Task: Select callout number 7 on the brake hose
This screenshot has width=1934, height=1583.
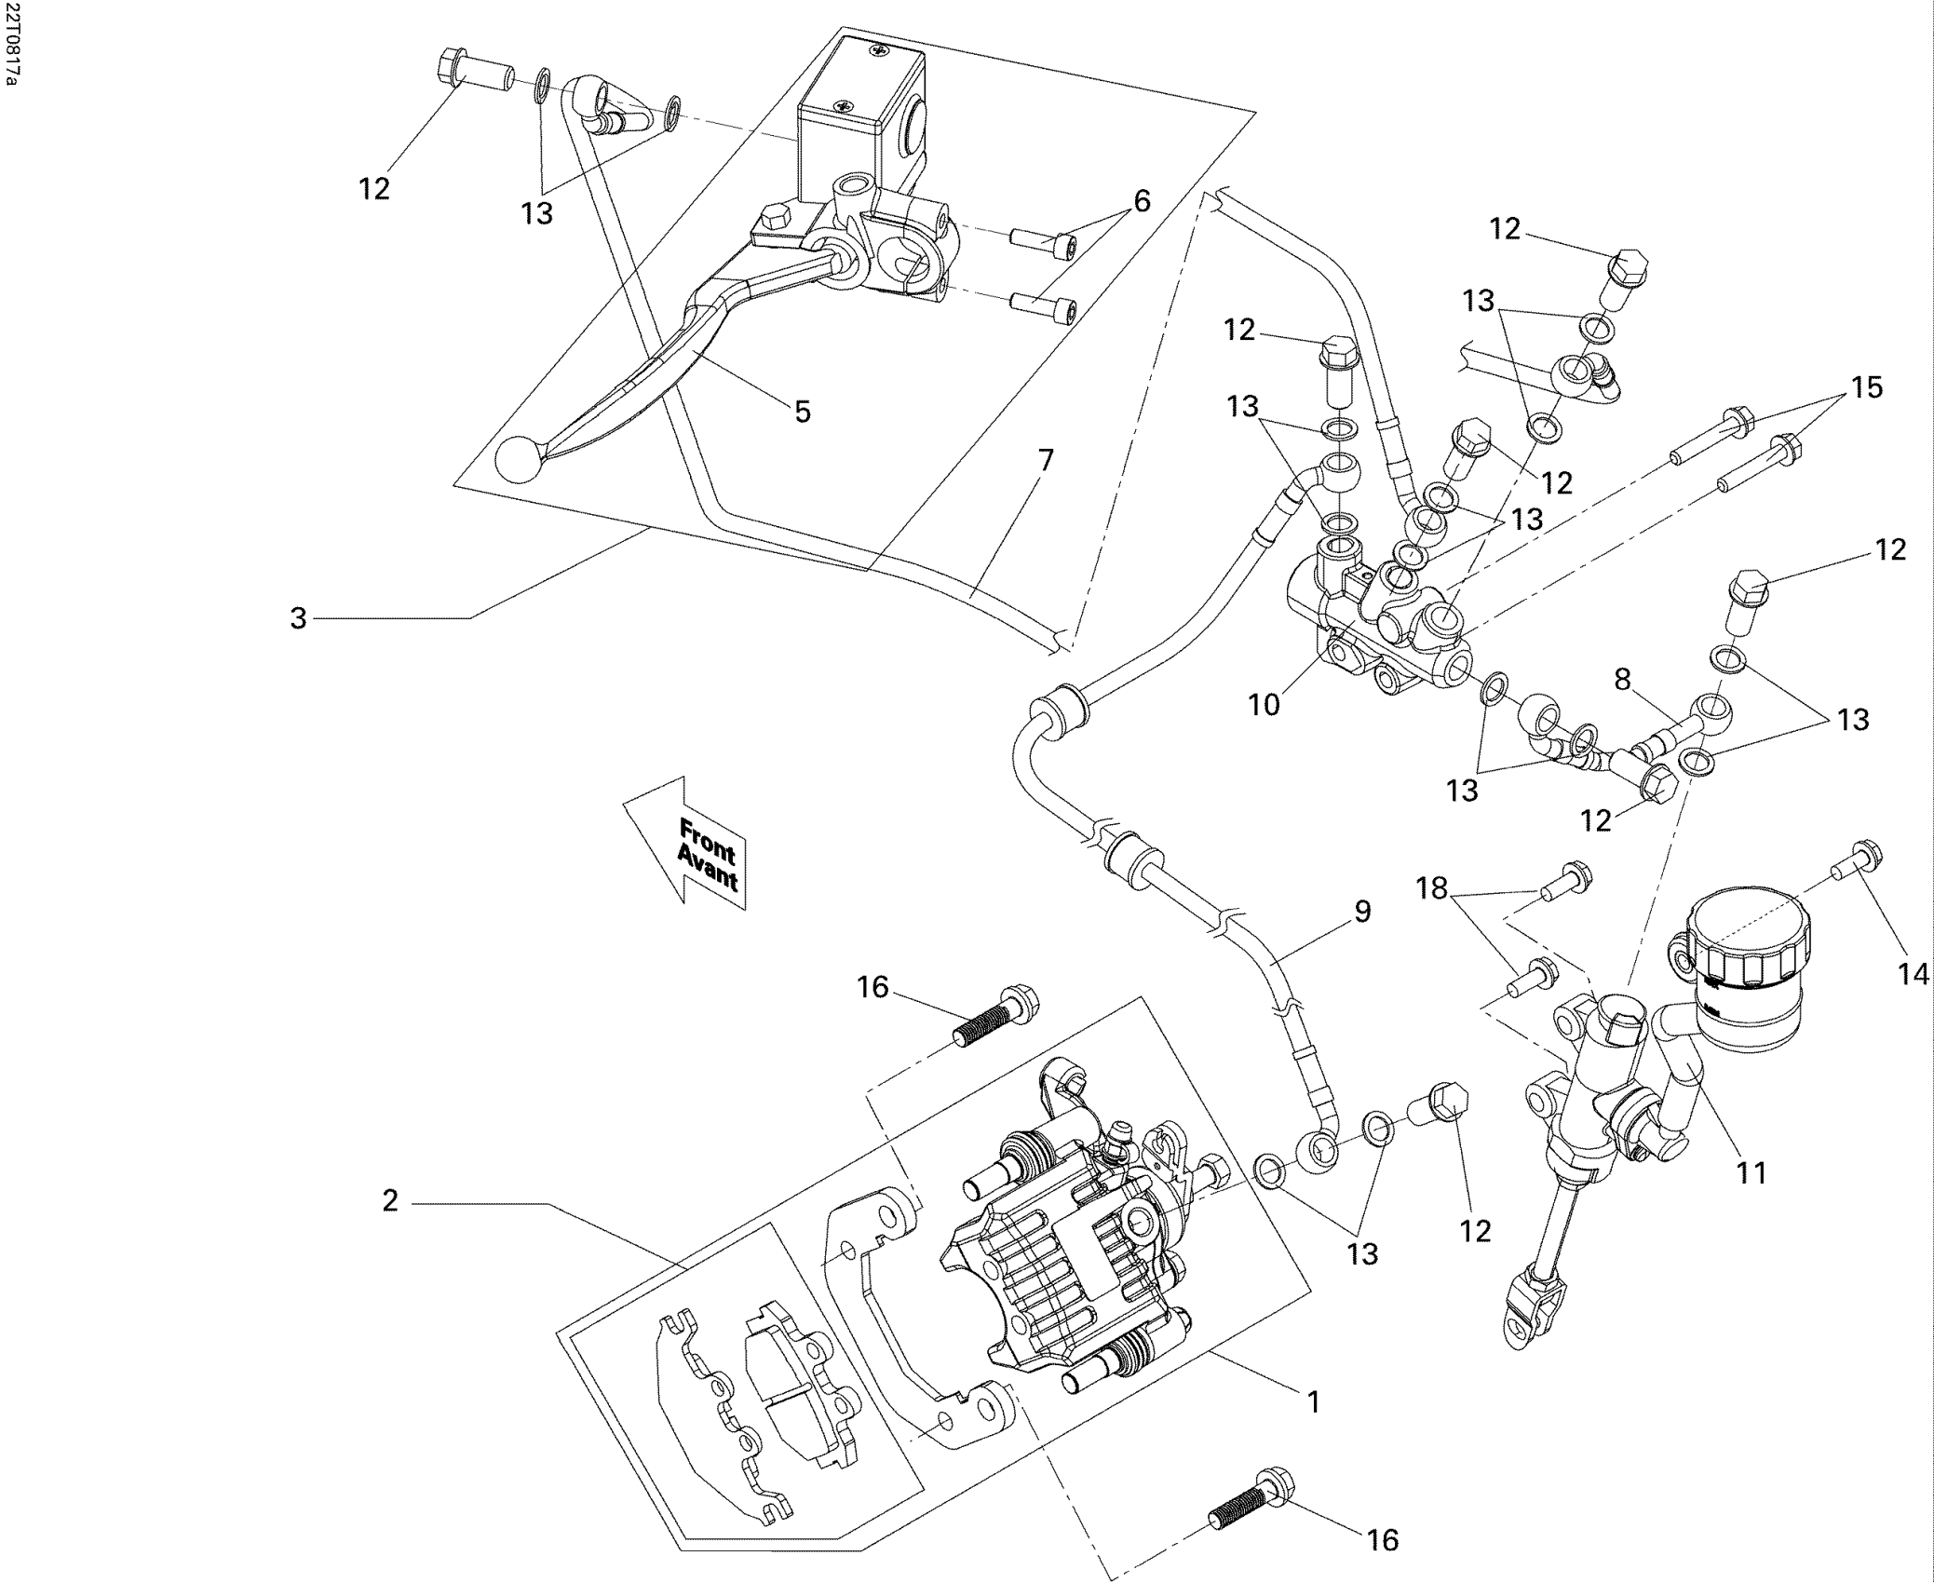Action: (x=1046, y=460)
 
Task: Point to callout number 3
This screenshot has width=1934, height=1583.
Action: (x=298, y=618)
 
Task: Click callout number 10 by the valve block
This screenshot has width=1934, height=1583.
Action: (x=1265, y=705)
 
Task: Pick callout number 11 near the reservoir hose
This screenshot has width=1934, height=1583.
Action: (x=1751, y=1173)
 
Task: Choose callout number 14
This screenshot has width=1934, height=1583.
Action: (x=1914, y=975)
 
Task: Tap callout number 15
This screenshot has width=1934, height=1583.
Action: (x=1865, y=387)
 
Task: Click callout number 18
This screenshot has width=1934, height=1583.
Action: (x=1432, y=889)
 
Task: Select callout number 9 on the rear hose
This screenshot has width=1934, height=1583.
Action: (x=1362, y=911)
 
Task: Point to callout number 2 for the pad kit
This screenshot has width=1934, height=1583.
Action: (x=390, y=1201)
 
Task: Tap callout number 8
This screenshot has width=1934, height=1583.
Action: (x=1623, y=680)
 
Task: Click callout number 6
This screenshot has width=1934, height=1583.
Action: (x=1142, y=200)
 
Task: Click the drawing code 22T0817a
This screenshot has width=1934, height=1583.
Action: (x=11, y=45)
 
